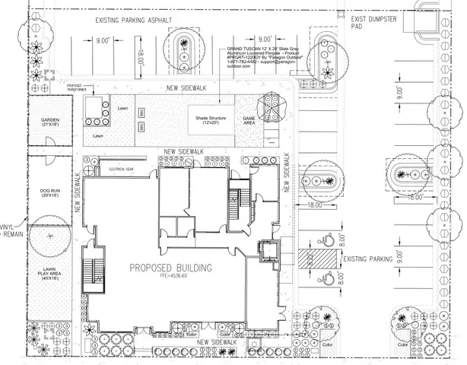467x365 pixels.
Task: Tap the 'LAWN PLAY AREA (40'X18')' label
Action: click(x=49, y=262)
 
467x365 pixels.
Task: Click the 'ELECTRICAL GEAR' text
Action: click(x=122, y=169)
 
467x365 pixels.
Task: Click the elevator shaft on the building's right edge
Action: click(x=266, y=251)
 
